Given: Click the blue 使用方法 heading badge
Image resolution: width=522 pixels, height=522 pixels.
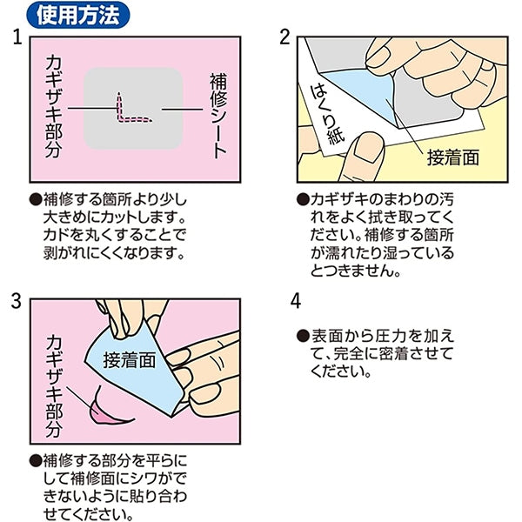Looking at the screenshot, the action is point(78,15).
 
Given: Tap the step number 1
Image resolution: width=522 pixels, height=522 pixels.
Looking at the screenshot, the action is point(17,37).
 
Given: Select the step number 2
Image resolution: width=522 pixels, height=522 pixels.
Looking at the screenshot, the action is point(284,37).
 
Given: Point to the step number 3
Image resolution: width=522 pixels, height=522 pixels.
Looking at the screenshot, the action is point(16,301).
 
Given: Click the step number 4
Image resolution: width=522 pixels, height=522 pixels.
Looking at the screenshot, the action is point(296,301).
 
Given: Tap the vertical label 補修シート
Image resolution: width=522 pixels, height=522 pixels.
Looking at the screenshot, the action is point(218,116).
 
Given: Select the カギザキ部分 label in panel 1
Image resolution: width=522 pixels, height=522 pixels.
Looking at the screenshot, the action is point(54,106).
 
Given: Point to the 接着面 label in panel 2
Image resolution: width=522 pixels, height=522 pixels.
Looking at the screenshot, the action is point(453,157).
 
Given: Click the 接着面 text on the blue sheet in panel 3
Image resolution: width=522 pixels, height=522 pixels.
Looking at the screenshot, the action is point(130,360).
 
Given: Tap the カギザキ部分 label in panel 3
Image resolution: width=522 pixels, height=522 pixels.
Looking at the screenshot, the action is point(54,386).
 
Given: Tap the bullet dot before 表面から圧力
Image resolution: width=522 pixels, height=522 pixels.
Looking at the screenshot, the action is point(303,336).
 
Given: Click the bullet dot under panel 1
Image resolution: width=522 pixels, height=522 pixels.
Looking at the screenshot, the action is point(36,200).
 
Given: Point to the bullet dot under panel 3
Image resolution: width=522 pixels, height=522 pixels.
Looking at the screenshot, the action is point(36,461).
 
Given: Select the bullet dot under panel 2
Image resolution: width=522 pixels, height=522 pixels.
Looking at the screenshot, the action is point(303,200).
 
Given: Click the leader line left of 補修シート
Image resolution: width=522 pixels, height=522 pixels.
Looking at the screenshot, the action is point(183,109).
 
